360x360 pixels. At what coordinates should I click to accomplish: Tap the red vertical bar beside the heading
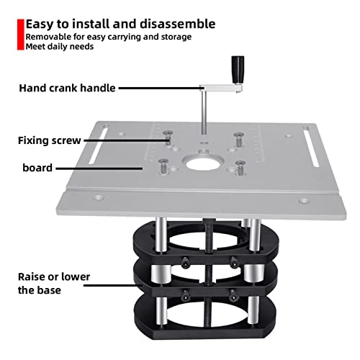pyautogui.click(x=20, y=33)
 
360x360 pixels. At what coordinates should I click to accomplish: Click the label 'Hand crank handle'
pyautogui.click(x=67, y=89)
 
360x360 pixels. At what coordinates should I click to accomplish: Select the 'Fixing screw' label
pyautogui.click(x=48, y=141)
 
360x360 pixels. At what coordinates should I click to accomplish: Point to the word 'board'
pyautogui.click(x=37, y=168)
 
